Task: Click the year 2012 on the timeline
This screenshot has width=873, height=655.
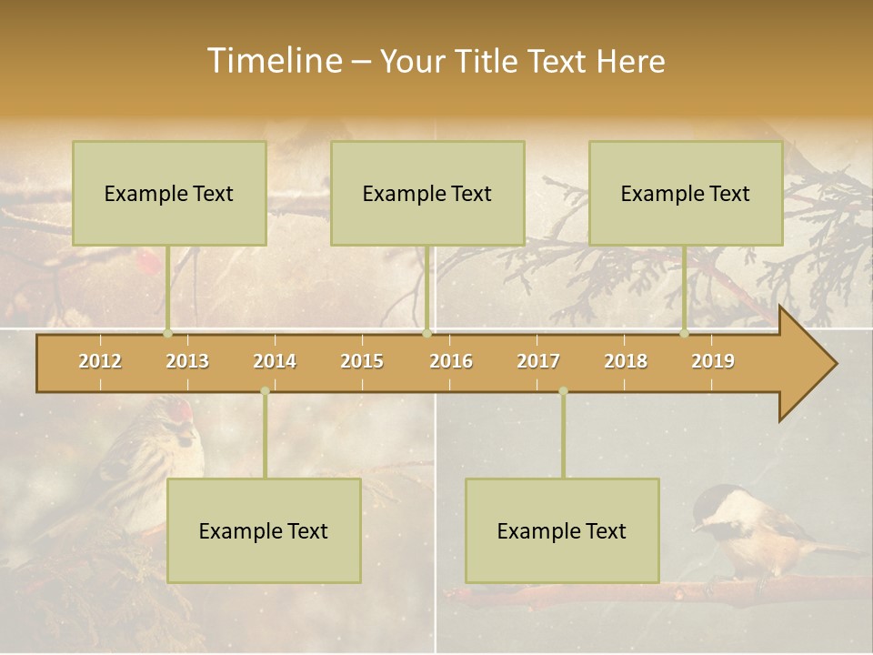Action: [x=100, y=361]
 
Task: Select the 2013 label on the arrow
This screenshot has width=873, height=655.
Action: [x=187, y=361]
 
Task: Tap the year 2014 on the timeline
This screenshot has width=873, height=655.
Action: [x=275, y=361]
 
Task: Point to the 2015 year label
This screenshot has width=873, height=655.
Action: [x=362, y=361]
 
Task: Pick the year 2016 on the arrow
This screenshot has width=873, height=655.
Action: [x=451, y=361]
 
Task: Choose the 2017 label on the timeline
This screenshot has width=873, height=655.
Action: [x=538, y=361]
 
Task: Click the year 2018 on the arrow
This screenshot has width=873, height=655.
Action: [x=626, y=361]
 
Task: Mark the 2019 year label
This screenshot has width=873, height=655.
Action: [x=713, y=361]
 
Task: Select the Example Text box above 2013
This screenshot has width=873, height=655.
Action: [x=169, y=193]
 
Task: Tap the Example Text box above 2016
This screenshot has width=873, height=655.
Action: [x=427, y=193]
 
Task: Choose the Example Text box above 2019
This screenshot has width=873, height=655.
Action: [x=686, y=193]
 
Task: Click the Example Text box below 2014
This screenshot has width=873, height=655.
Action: [x=264, y=530]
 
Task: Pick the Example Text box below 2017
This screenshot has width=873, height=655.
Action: [x=562, y=530]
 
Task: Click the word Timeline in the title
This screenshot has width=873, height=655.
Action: [x=273, y=61]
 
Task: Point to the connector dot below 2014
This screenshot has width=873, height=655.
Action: [x=265, y=391]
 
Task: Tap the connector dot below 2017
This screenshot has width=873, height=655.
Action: [x=563, y=391]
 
